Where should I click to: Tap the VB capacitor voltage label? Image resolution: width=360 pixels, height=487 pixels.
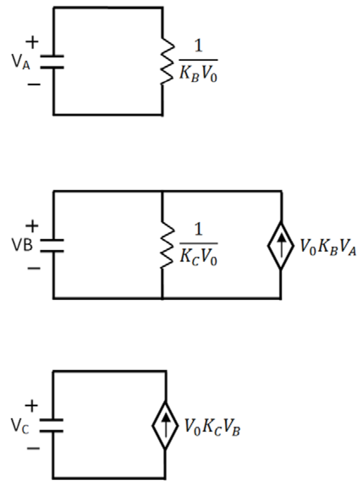click(x=22, y=245)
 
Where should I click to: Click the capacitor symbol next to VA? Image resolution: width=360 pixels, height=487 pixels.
click(x=52, y=62)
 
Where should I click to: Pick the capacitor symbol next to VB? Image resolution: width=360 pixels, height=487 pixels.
click(x=52, y=246)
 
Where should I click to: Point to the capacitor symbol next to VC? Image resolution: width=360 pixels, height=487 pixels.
click(x=52, y=425)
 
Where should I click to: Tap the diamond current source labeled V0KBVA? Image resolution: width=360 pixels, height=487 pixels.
click(x=281, y=246)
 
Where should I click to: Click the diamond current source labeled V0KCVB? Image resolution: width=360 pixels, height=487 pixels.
click(x=165, y=425)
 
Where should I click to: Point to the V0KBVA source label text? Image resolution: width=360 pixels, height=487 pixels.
click(x=328, y=247)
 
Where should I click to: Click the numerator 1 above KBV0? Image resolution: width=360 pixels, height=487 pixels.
click(x=199, y=46)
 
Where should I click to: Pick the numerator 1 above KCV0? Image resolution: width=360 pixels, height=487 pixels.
click(x=199, y=229)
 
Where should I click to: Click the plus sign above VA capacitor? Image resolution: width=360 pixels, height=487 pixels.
click(x=32, y=42)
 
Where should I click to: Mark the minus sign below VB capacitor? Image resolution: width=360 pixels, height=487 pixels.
click(x=34, y=269)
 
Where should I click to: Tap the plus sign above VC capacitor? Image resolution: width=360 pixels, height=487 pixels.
click(x=31, y=406)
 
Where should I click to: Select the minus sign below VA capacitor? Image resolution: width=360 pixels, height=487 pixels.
click(x=34, y=84)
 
